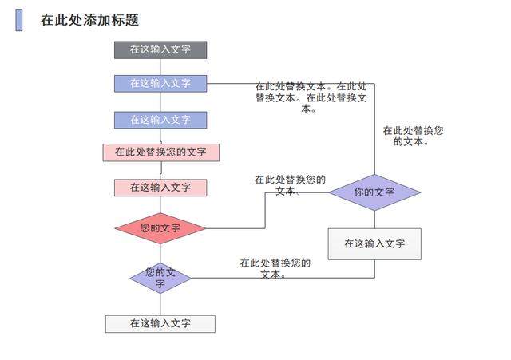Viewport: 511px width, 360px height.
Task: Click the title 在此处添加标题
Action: click(x=89, y=21)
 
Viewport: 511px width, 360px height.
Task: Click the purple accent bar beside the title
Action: click(x=18, y=21)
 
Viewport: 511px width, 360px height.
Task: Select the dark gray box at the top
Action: click(x=160, y=49)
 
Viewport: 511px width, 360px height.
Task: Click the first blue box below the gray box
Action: click(x=160, y=83)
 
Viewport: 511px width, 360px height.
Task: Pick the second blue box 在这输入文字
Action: click(x=160, y=120)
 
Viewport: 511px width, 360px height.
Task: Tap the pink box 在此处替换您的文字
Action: click(x=160, y=152)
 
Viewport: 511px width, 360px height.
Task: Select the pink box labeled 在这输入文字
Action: click(x=160, y=188)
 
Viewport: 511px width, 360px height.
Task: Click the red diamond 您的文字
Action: click(x=160, y=228)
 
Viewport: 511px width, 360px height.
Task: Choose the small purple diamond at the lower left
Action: click(x=160, y=278)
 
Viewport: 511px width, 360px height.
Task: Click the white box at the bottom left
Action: click(x=160, y=323)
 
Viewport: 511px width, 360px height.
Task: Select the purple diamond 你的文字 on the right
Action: click(x=374, y=192)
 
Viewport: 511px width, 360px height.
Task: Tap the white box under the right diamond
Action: click(x=374, y=243)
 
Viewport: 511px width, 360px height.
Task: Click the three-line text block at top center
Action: click(x=311, y=97)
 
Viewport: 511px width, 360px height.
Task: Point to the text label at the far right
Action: click(x=413, y=136)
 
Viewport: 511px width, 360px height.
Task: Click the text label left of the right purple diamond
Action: click(x=290, y=185)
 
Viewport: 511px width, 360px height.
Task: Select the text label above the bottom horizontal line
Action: click(x=275, y=267)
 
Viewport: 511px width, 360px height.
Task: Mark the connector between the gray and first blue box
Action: click(x=160, y=66)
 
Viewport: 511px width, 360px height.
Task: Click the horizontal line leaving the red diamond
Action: click(x=236, y=228)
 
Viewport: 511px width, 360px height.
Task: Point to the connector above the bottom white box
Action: click(x=160, y=304)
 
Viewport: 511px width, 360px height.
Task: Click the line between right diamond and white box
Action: click(x=374, y=220)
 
